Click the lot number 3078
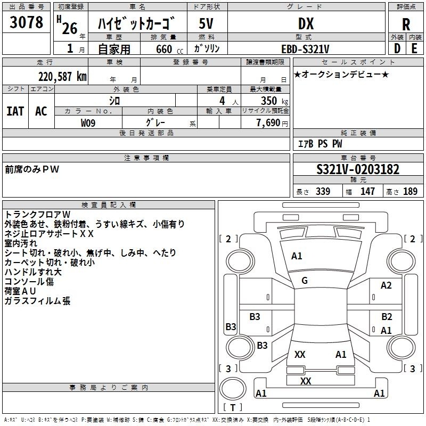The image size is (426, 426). pyautogui.click(x=26, y=22)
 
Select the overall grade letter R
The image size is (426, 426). pyautogui.click(x=406, y=24)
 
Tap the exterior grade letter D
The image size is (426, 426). pyautogui.click(x=397, y=48)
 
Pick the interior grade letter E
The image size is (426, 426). pyautogui.click(x=414, y=48)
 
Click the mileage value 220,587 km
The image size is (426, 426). pyautogui.click(x=62, y=77)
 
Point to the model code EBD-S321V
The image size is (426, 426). pyautogui.click(x=305, y=49)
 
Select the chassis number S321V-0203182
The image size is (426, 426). pyautogui.click(x=358, y=169)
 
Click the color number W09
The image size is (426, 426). pyautogui.click(x=88, y=123)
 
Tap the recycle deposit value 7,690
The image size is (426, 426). pyautogui.click(x=268, y=123)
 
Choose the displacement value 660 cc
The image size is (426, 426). pyautogui.click(x=169, y=49)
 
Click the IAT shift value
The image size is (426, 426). pyautogui.click(x=15, y=111)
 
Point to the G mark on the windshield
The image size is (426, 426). pyautogui.click(x=305, y=281)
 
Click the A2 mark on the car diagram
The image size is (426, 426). pyautogui.click(x=386, y=285)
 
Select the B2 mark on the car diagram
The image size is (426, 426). pyautogui.click(x=387, y=316)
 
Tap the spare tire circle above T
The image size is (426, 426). pyautogui.click(x=233, y=388)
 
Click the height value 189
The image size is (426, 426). pyautogui.click(x=410, y=191)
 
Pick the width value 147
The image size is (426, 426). pyautogui.click(x=367, y=191)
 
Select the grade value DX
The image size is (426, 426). pyautogui.click(x=306, y=24)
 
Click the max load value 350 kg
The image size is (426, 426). pyautogui.click(x=274, y=101)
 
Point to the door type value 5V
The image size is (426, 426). pyautogui.click(x=206, y=23)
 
